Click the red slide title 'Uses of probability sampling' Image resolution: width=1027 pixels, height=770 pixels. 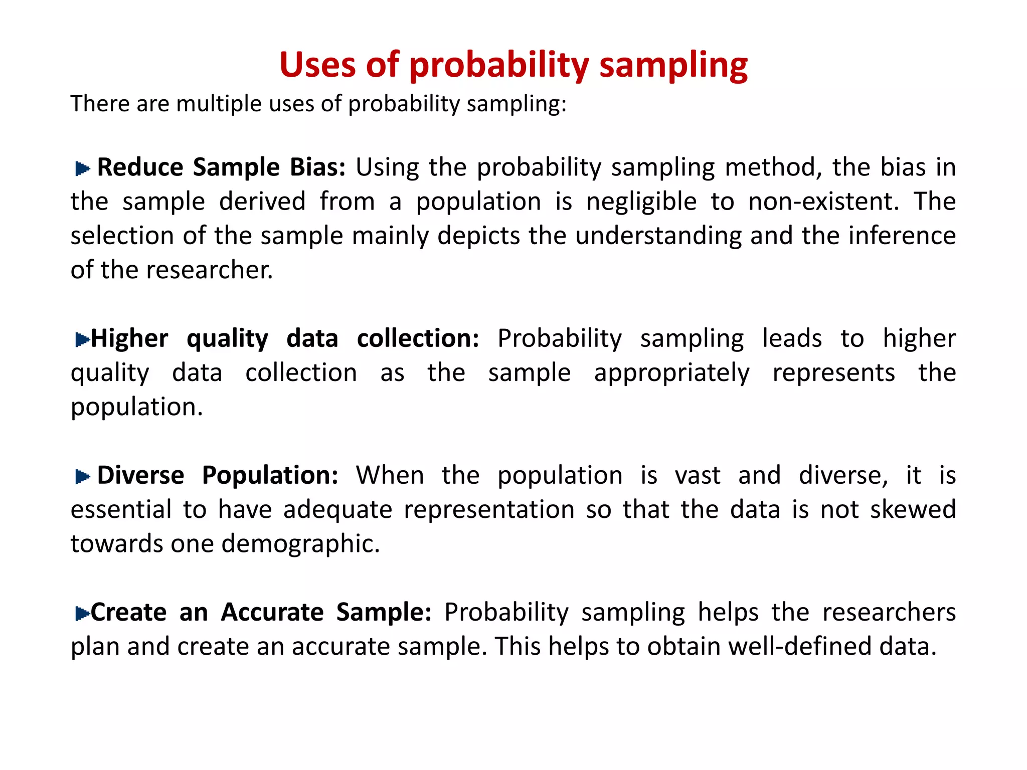[513, 65]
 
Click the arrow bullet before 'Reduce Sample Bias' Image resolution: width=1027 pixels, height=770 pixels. [82, 169]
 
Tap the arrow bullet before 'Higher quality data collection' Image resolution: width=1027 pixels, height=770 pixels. [82, 340]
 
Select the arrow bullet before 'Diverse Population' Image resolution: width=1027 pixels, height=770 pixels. [82, 477]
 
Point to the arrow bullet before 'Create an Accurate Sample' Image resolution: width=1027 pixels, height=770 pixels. [82, 613]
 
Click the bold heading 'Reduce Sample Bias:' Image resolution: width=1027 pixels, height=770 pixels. [221, 167]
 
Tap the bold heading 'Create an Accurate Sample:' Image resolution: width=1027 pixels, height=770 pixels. [261, 612]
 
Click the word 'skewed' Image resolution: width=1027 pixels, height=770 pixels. [913, 510]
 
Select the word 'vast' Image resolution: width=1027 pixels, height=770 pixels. [698, 475]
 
